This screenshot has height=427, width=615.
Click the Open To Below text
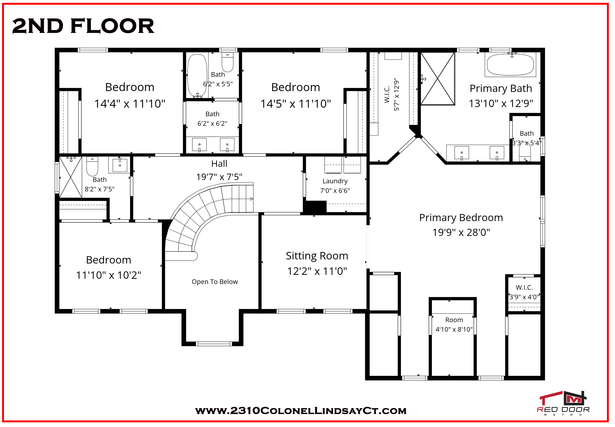pos(215,282)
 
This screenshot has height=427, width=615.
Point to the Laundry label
pos(335,181)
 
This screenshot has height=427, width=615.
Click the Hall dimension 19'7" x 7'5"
pos(219,177)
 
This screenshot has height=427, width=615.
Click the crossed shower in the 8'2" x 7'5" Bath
pos(71,177)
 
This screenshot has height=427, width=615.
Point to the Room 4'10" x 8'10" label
pos(454,325)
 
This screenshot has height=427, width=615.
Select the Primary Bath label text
pos(501,88)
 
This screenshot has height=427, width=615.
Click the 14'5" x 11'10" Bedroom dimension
pos(296,104)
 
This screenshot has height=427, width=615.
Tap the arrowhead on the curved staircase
pos(251,199)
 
